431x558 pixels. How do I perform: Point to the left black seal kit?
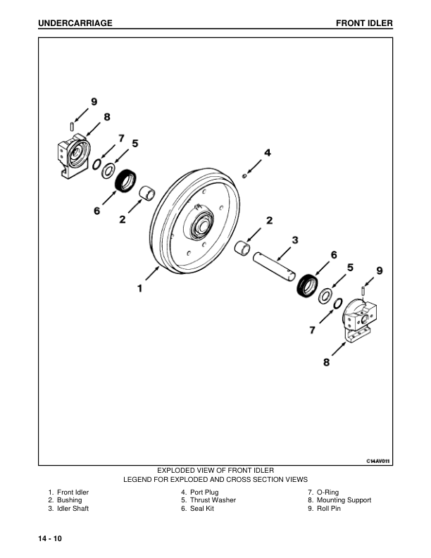(127, 181)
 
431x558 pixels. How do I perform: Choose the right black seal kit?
(308, 285)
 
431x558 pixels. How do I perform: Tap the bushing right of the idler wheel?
(244, 248)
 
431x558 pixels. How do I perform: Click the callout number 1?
(140, 287)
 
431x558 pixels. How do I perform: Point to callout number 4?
(267, 152)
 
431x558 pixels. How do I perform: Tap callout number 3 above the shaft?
(295, 240)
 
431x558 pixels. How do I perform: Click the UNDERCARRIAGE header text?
(75, 24)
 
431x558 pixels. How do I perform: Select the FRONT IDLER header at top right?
(364, 24)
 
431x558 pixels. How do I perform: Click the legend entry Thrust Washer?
(208, 500)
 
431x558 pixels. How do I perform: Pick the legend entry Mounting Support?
(339, 500)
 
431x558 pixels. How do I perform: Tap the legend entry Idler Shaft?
(68, 509)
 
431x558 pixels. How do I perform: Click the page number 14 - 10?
(51, 539)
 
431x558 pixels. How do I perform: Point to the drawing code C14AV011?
(378, 460)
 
